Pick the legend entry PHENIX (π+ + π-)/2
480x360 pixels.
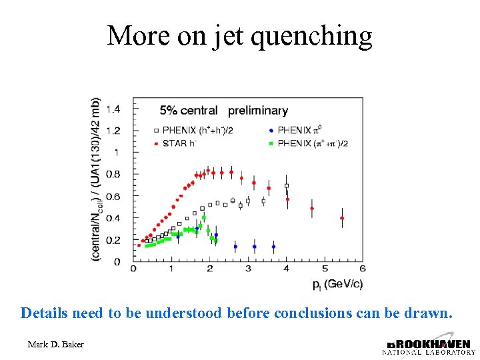pos(313,142)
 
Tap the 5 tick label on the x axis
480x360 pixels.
pos(324,269)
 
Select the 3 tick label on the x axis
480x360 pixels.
pos(248,269)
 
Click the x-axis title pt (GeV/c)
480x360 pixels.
pos(337,284)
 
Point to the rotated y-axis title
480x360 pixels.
pos(97,180)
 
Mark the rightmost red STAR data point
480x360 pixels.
pos(342,218)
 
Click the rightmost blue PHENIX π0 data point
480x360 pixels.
pos(273,247)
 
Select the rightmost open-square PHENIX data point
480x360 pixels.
pos(287,186)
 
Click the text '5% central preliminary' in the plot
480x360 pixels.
pos(223,111)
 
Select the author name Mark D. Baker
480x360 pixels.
pos(55,345)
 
